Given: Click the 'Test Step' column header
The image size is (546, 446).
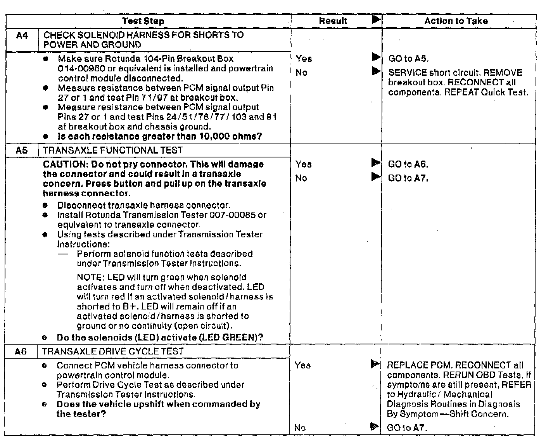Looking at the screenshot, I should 143,21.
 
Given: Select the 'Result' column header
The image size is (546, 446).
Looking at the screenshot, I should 333,21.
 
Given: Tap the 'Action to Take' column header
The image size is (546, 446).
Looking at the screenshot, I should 456,21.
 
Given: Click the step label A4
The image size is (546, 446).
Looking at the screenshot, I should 22,36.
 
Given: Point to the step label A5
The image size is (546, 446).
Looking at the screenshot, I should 22,150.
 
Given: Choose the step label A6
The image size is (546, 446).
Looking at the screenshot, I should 21,352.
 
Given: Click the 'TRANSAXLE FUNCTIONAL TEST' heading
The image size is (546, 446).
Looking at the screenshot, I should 113,150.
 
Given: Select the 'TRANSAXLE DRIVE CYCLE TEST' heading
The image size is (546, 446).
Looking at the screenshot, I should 112,352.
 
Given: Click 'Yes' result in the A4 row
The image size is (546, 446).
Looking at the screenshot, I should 304,59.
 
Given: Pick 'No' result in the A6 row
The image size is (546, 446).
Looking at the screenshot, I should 300,428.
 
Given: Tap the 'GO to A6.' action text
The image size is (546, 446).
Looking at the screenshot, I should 408,164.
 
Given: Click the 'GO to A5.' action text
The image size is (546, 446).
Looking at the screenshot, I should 408,59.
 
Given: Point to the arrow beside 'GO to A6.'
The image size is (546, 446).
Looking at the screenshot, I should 375,163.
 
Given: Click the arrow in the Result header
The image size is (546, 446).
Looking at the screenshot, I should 376,20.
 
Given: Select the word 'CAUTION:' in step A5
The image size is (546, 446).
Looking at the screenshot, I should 64,164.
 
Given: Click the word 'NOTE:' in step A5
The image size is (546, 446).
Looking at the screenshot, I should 91,278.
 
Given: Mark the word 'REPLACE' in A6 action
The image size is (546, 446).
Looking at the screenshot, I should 404,365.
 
